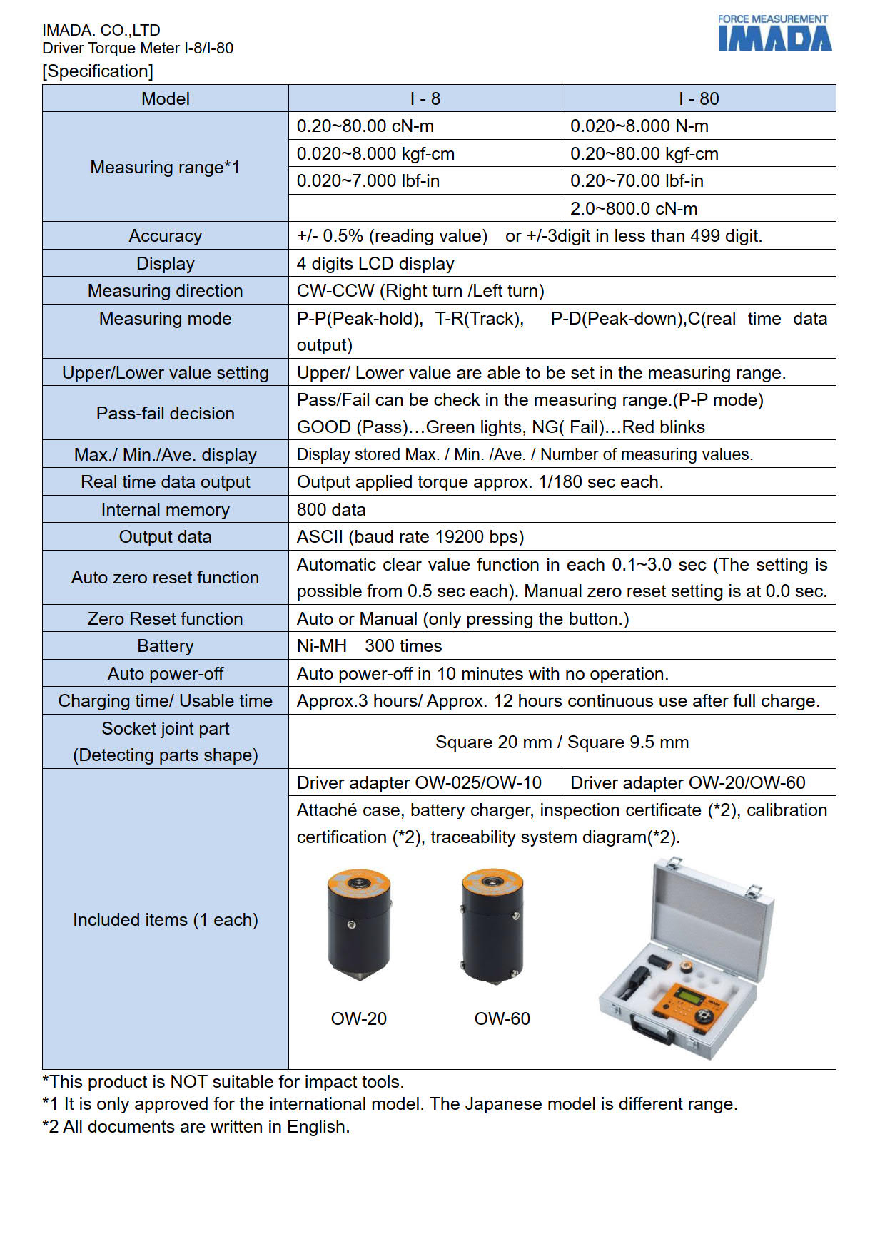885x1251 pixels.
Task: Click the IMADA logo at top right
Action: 774,34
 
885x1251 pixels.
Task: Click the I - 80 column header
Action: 698,98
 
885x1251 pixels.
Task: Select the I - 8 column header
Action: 425,98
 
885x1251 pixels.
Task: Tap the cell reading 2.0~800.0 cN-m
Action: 633,208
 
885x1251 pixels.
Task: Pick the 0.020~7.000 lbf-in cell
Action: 368,181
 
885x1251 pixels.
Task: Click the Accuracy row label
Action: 165,236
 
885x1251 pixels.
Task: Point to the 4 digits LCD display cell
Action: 375,264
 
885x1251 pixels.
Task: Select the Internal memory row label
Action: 165,510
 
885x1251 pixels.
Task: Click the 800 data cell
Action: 331,510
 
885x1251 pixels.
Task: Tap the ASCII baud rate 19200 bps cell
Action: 410,537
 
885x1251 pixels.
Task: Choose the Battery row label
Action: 165,646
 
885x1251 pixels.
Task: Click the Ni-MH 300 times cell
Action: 369,646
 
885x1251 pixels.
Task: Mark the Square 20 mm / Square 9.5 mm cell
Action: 562,742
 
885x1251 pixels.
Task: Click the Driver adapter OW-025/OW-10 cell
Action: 419,783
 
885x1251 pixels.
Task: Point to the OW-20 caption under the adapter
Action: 358,1018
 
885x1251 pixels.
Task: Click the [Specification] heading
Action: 98,71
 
